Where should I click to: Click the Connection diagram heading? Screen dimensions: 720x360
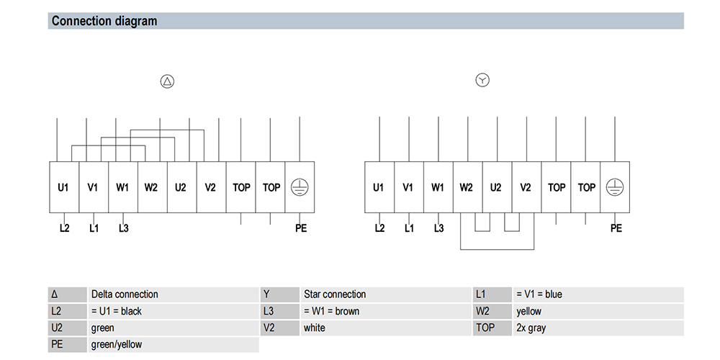(104, 21)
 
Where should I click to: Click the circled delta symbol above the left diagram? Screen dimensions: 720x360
(167, 82)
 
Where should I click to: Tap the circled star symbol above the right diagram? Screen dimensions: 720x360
(482, 81)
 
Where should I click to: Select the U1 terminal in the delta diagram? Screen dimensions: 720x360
(64, 187)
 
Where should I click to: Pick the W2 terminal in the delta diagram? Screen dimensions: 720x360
(153, 187)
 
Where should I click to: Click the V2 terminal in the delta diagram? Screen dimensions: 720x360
(211, 187)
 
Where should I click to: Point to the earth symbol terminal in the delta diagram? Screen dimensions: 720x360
(300, 187)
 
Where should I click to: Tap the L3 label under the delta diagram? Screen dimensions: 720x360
(124, 228)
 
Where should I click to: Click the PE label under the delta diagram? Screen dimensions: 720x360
(301, 228)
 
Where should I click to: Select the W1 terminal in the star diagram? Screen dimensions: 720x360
(438, 187)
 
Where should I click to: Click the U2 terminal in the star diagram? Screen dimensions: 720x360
(497, 187)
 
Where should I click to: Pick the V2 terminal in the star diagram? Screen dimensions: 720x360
(526, 187)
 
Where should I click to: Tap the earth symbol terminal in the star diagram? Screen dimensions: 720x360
(614, 187)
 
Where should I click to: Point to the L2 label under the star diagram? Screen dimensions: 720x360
(379, 228)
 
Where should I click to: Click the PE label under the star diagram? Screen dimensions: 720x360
(616, 228)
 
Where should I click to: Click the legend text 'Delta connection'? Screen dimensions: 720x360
(125, 294)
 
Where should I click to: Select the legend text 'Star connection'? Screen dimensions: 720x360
(335, 294)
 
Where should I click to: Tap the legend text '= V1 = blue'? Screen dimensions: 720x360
(539, 294)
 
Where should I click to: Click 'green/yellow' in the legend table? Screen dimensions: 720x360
(117, 344)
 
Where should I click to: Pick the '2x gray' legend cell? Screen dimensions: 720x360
(531, 328)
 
